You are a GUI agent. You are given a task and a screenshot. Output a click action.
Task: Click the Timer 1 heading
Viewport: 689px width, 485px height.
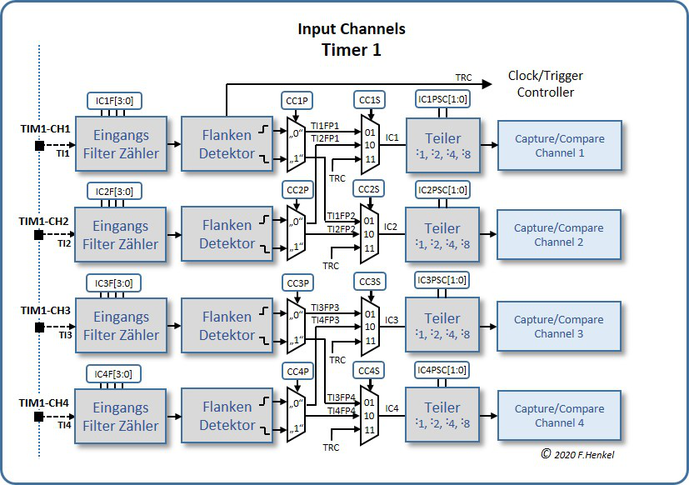coord(352,50)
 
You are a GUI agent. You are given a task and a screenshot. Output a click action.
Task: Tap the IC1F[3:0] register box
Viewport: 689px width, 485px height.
coord(115,101)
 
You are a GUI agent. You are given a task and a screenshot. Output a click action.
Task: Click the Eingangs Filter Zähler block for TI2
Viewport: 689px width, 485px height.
coord(121,235)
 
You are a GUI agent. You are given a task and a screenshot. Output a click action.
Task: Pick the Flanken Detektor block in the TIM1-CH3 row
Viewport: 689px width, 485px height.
coord(227,326)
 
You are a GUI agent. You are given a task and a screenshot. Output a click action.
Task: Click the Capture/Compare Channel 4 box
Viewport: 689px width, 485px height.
coord(558,416)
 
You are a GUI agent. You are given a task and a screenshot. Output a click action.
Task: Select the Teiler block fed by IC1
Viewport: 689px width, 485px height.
coord(442,145)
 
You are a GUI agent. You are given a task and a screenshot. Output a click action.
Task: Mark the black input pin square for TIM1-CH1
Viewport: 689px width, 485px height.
coord(39,147)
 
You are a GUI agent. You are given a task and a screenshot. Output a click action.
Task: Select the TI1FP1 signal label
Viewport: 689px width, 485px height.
coord(325,126)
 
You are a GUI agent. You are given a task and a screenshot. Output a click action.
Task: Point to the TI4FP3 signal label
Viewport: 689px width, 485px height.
coord(325,319)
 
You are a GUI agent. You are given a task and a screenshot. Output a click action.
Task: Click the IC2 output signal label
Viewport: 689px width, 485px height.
coord(392,226)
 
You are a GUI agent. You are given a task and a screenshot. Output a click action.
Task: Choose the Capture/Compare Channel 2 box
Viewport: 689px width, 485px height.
coord(558,235)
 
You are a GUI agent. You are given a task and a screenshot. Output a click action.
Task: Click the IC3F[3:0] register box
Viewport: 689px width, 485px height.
coord(115,282)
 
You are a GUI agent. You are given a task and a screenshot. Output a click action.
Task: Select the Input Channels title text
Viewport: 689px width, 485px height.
coord(352,29)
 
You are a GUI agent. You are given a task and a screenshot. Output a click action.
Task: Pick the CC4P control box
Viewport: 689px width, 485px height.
coord(297,370)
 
